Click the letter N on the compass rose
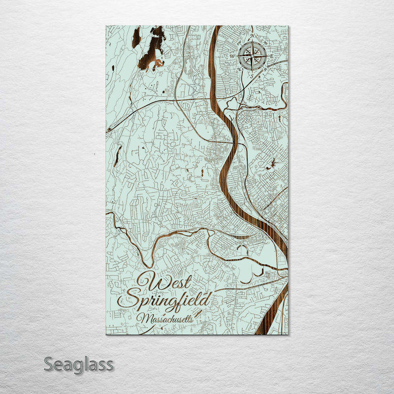coord(252,36)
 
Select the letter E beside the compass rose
coord(271,57)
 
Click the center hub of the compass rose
coord(252,56)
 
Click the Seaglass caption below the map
coord(78,365)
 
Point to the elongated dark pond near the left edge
coord(117,156)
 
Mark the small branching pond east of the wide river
coord(271,165)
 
